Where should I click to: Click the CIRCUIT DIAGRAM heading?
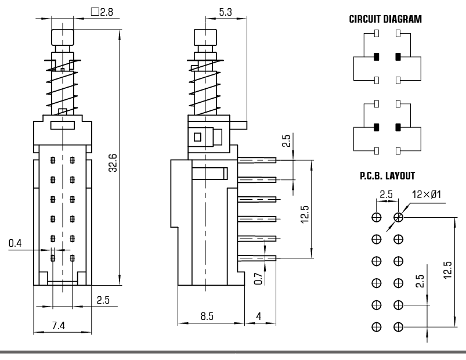(x=385, y=19)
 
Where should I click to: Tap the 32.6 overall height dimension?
(x=113, y=162)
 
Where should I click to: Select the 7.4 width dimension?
(x=58, y=326)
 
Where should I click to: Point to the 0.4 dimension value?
(x=16, y=243)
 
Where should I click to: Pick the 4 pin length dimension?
(x=258, y=316)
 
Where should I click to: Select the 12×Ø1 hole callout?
(x=427, y=194)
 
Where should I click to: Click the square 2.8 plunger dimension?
(x=102, y=11)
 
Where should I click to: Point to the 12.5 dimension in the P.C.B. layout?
(x=447, y=270)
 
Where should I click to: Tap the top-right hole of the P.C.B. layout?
(x=398, y=217)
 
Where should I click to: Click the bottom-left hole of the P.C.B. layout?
(x=376, y=327)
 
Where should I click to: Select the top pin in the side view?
(x=257, y=160)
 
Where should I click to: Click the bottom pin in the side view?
(x=257, y=258)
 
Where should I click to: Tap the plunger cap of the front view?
(x=63, y=38)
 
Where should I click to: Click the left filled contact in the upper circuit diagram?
(x=376, y=57)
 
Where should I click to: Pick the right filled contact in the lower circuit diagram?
(x=398, y=127)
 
